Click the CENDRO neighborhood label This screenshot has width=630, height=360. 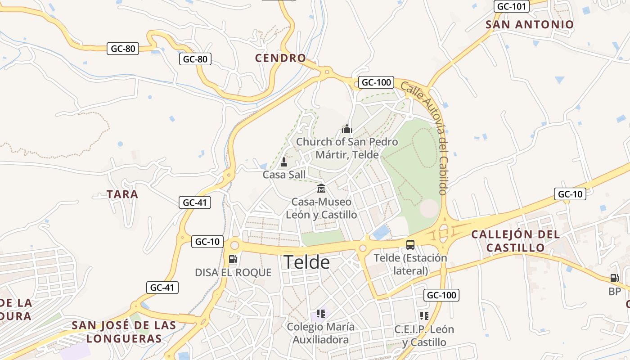tap(280, 58)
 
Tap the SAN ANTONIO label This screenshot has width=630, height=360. tap(530, 24)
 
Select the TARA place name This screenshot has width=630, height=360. tap(122, 194)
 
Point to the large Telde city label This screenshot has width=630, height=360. tap(306, 262)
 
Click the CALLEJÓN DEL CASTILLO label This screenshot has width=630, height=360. tap(515, 241)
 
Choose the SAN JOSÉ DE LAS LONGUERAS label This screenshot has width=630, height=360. tap(124, 332)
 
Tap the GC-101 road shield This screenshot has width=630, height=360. tap(512, 7)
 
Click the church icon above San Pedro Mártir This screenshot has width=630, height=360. tap(346, 129)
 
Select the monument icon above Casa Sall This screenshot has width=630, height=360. tap(283, 162)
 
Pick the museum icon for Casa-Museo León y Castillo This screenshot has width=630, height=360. tap(321, 188)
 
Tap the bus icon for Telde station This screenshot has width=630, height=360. tap(410, 244)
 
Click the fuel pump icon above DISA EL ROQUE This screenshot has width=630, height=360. tap(233, 259)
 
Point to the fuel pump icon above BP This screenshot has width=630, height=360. tap(614, 278)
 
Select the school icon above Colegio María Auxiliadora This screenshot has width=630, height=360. tap(320, 313)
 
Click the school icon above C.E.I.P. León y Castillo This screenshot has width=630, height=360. tap(424, 315)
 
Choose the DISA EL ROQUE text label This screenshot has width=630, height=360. tap(233, 272)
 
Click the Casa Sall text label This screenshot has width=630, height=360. tap(284, 175)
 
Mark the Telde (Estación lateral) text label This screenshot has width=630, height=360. tap(410, 264)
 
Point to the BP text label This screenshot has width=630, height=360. tap(614, 292)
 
